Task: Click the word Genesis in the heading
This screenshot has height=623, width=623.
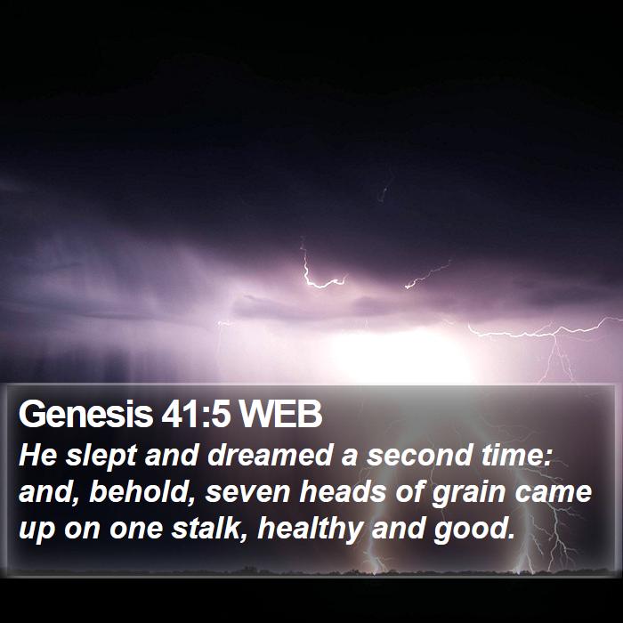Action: tap(85, 414)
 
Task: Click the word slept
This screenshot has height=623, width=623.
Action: tap(101, 456)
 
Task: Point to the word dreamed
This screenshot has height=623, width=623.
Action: tap(270, 455)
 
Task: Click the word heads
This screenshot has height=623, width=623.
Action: tap(343, 492)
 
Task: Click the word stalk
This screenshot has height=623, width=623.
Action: tap(211, 529)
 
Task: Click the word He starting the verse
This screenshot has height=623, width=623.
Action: tap(37, 456)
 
